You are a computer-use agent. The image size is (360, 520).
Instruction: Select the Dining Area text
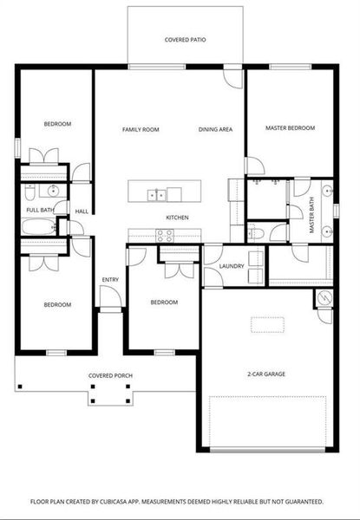tap(215, 129)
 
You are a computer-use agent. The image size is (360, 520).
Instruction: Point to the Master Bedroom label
tap(290, 128)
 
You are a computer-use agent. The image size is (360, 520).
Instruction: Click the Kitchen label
tap(177, 218)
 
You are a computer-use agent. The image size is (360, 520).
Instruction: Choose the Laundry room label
tap(231, 266)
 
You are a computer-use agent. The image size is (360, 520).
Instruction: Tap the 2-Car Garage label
tap(266, 374)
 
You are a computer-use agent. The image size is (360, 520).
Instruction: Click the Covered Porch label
tap(108, 376)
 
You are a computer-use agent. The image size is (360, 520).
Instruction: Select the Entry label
tap(110, 280)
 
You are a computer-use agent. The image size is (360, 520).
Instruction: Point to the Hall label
tap(82, 211)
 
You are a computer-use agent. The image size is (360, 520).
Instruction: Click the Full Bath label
tap(40, 211)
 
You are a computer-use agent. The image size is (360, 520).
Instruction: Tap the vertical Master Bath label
tap(312, 216)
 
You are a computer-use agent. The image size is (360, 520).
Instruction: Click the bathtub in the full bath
tap(39, 228)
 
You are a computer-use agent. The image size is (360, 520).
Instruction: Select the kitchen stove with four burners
tap(164, 234)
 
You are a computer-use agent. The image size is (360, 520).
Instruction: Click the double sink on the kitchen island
tap(156, 194)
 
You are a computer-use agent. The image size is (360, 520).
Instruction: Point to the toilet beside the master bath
tap(259, 232)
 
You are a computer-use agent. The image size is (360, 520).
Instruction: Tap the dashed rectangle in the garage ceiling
tap(266, 325)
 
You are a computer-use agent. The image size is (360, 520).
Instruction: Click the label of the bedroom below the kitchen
tap(164, 302)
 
